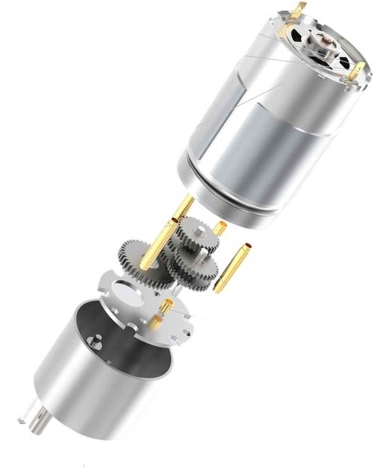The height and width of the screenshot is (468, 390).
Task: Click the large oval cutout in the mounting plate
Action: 127,291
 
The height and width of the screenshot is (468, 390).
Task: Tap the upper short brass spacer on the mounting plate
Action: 167,307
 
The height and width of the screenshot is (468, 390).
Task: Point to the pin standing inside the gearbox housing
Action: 94,343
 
